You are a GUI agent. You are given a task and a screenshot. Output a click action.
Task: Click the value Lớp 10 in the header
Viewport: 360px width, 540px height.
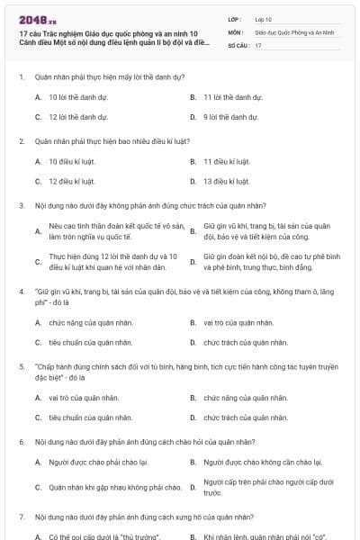(264, 18)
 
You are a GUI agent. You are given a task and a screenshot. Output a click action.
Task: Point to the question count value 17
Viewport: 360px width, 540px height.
(258, 44)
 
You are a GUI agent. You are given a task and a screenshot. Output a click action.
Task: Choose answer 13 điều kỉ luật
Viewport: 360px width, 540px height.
(226, 181)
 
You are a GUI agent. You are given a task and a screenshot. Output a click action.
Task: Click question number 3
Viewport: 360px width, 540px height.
(21, 205)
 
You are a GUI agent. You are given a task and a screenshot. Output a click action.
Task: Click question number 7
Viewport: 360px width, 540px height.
(21, 517)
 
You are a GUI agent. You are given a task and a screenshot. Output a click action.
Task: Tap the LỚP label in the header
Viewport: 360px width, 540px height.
(235, 18)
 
